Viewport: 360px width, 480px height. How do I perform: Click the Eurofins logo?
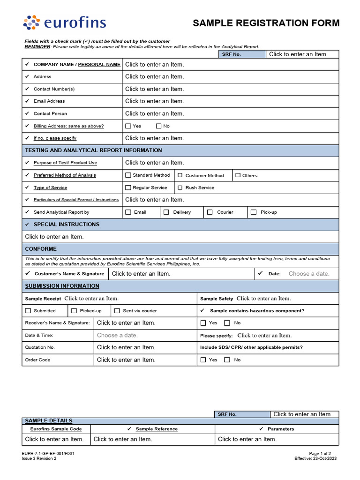tap(65, 22)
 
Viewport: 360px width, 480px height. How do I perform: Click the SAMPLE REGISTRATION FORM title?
tap(266, 23)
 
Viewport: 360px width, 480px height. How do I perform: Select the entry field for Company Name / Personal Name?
tap(155, 64)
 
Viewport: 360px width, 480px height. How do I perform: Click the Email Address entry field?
tap(155, 101)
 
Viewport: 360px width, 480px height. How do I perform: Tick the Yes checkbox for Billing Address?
tap(128, 126)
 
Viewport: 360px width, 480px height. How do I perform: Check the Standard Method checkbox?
tap(128, 175)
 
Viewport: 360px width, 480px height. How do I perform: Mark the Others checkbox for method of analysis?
tap(238, 175)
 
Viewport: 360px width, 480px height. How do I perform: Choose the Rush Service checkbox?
tap(180, 187)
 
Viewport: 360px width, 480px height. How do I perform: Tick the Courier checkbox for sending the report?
tap(210, 212)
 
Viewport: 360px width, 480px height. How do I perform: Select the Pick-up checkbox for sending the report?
tap(254, 212)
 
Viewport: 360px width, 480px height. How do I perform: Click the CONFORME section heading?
tap(41, 249)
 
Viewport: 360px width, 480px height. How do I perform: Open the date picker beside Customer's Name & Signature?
tap(309, 274)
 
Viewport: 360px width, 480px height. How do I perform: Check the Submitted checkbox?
tap(28, 311)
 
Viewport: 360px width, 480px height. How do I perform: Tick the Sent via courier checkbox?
tap(117, 311)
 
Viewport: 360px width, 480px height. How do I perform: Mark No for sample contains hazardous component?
tap(227, 323)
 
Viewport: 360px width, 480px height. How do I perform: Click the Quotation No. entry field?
tap(126, 347)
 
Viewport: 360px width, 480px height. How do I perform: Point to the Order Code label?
tap(37, 360)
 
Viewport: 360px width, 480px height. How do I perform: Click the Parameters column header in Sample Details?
tap(280, 429)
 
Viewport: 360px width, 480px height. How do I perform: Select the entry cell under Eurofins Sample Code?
tap(54, 439)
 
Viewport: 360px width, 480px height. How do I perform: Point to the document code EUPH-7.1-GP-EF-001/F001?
tap(48, 453)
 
